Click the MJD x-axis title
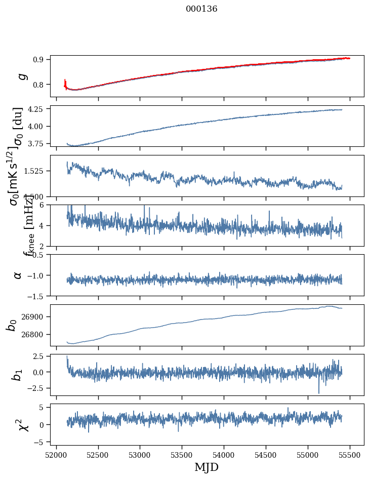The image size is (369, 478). pos(207,467)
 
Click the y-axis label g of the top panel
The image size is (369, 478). pos(21,76)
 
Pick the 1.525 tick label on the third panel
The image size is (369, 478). pos(36,171)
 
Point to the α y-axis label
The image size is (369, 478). pos(18,275)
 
